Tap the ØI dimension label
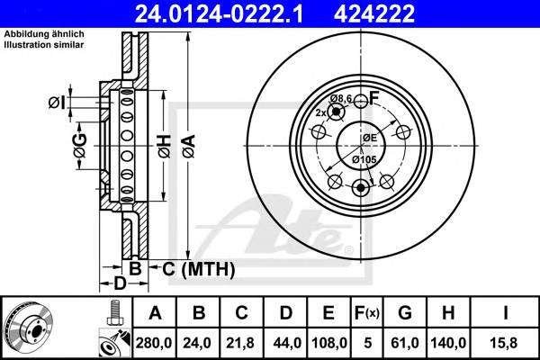[x=56, y=103]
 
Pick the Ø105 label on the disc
[x=364, y=159]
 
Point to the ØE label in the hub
[x=369, y=137]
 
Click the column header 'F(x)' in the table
[x=370, y=312]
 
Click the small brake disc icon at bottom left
[x=31, y=328]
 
